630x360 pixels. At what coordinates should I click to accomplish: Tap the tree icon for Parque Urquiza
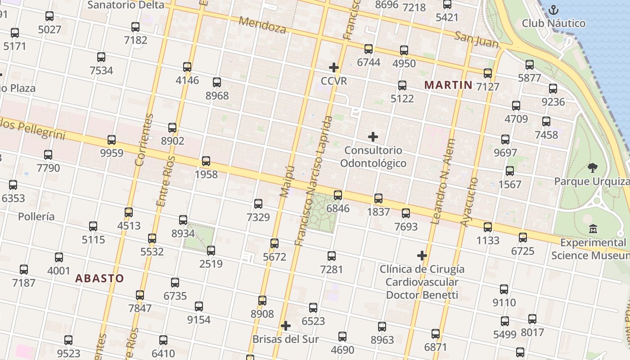point(593,168)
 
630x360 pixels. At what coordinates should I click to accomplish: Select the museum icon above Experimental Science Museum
point(593,229)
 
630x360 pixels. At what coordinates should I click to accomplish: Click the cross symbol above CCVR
point(334,67)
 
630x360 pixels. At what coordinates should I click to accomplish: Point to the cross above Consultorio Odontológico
point(373,136)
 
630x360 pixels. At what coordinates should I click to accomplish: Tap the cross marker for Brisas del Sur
point(285,326)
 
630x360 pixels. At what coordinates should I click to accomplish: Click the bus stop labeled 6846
point(338,195)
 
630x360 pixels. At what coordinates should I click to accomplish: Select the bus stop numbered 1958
point(206,161)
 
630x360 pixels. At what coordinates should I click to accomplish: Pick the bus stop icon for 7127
point(488,73)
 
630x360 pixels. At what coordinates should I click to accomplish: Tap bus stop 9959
point(112,139)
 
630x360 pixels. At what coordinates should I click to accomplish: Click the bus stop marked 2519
point(211,250)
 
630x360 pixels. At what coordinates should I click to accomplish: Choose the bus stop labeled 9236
point(553,89)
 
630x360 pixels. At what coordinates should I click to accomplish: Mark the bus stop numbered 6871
point(436,333)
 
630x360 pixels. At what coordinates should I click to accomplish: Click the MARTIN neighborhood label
point(448,85)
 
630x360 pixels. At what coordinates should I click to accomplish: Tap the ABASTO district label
point(99,278)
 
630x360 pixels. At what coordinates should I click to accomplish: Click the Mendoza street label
point(262,25)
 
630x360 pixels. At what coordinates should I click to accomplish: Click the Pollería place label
point(36,216)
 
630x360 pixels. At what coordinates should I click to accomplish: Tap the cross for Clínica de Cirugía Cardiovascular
point(422,256)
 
